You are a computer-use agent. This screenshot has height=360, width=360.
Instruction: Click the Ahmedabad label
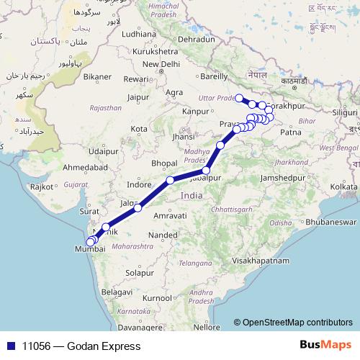pos(86,167)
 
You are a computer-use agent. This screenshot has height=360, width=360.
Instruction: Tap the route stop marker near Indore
pos(170,180)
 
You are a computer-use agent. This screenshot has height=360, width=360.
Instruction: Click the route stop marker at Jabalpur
pos(207,170)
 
